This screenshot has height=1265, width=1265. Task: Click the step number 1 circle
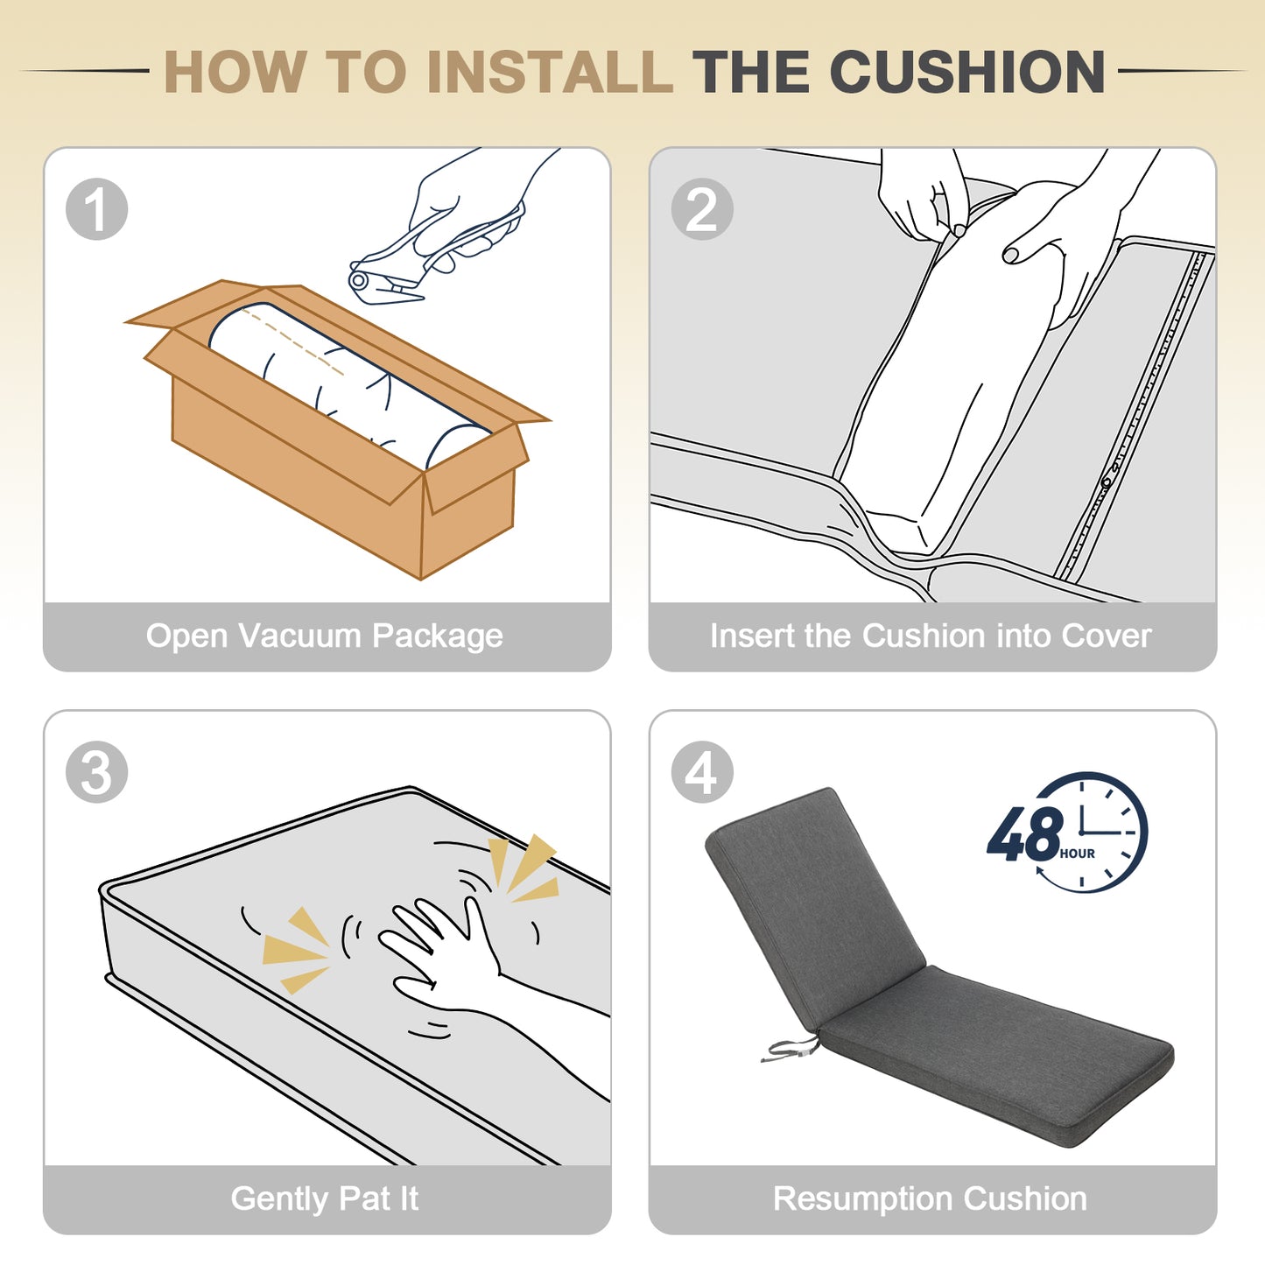(96, 208)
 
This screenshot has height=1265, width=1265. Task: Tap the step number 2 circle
(702, 208)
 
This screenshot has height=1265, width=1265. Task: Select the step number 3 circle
(96, 771)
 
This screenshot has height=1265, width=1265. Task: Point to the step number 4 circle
(702, 771)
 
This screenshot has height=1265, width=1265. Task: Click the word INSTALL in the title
(550, 72)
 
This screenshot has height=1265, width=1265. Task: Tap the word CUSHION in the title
(967, 72)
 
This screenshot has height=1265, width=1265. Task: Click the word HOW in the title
(235, 72)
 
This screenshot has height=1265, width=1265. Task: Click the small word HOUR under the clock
(1078, 854)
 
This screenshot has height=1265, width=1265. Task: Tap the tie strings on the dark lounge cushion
(791, 1049)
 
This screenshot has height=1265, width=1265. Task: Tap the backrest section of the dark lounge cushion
(815, 907)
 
